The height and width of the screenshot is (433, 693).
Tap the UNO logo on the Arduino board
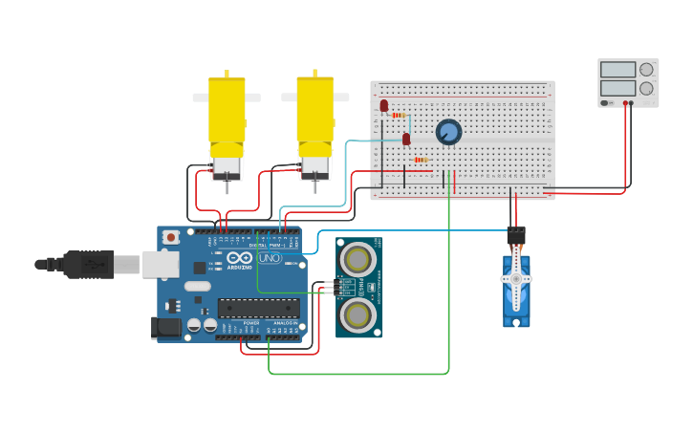tap(270, 258)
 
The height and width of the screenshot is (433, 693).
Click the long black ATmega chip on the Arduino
tap(258, 308)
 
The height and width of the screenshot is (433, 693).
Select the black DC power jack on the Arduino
tap(166, 328)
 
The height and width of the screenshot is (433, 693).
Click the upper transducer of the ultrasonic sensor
tap(358, 258)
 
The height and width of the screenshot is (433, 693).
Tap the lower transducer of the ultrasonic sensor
tap(358, 314)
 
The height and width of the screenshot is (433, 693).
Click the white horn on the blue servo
tap(516, 278)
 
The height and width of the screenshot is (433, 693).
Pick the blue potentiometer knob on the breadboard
tap(448, 132)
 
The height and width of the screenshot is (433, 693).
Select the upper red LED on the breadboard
tap(384, 105)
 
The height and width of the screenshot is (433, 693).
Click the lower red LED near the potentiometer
tap(406, 140)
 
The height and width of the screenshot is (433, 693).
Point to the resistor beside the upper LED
tap(399, 115)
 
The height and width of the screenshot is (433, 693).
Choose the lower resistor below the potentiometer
tap(421, 160)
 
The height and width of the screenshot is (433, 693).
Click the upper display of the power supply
tap(617, 70)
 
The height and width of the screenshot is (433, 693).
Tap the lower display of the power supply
tap(617, 88)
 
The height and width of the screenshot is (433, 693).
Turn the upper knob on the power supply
tap(646, 70)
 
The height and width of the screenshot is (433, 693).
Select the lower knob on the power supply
tap(646, 88)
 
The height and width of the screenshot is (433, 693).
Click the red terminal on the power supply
tap(625, 102)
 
